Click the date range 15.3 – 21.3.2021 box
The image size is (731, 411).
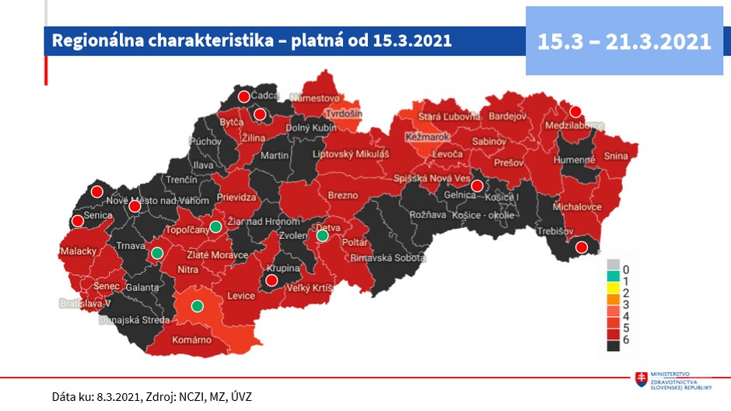(x=624, y=40)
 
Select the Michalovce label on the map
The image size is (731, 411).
(x=577, y=209)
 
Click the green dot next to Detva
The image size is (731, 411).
(x=323, y=236)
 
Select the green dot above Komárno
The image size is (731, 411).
(x=198, y=305)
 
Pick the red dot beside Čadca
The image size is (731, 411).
(x=244, y=97)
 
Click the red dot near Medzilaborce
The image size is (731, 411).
(x=576, y=112)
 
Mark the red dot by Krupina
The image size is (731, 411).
(x=271, y=280)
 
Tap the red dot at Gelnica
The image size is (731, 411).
(x=476, y=185)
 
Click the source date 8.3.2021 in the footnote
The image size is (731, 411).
(x=118, y=396)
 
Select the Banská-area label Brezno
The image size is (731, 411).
(x=343, y=195)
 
